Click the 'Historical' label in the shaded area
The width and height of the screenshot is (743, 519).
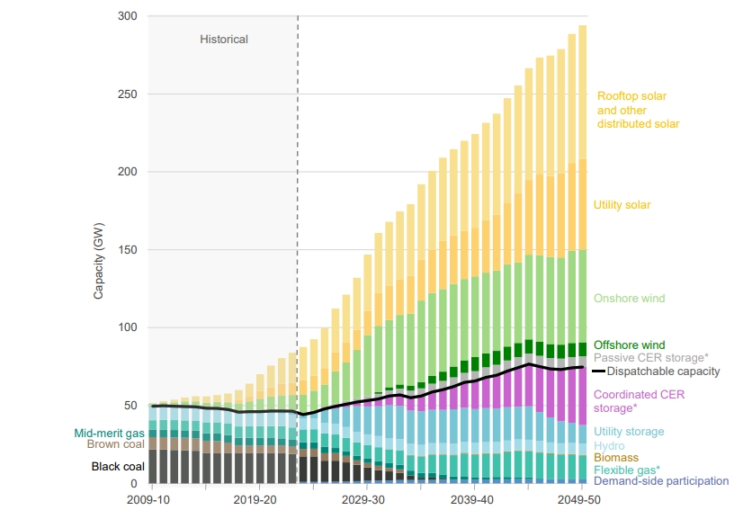223,40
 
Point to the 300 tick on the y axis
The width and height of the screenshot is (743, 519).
127,16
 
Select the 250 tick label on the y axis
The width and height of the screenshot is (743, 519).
127,94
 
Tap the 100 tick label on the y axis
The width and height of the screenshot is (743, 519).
127,327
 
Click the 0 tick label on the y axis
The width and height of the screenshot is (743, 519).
133,483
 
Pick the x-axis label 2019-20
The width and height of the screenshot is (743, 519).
260,498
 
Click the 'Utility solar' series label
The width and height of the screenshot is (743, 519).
622,205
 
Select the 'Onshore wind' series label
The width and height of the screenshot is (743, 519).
629,298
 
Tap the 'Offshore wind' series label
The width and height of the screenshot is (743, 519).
629,345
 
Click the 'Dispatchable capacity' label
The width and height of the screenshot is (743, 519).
663,370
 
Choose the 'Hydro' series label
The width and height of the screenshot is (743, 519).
609,445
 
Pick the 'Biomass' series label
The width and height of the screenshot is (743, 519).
615,458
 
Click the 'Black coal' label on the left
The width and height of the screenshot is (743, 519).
118,466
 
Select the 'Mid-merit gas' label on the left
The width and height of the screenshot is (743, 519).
109,433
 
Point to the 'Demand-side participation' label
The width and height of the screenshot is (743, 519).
660,481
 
